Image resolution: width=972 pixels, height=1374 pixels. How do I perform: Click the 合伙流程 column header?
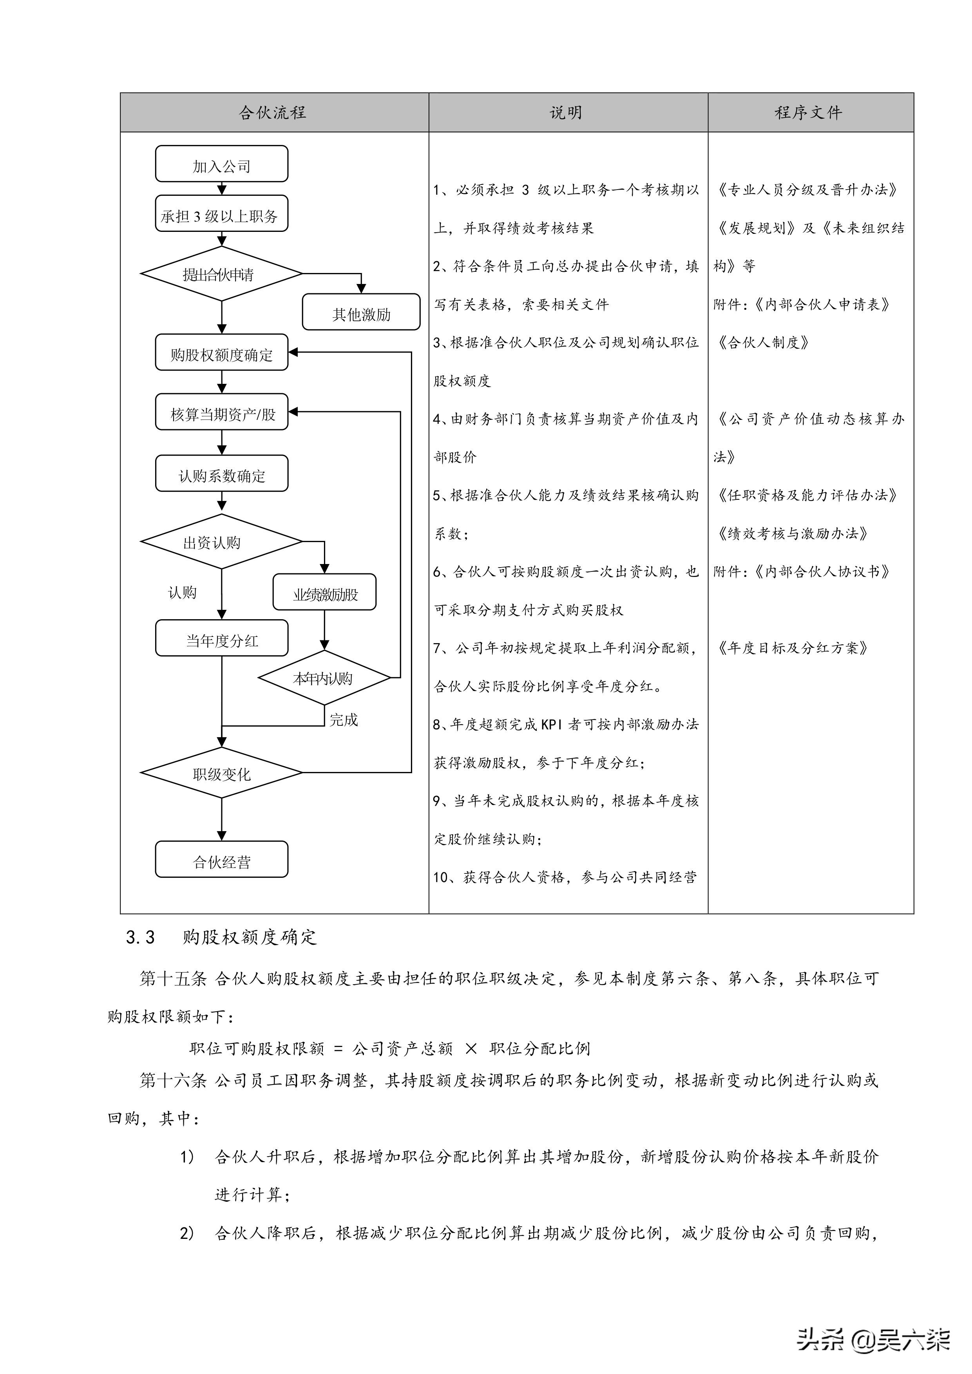tap(273, 112)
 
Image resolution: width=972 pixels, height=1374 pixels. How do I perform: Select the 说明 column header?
tap(566, 112)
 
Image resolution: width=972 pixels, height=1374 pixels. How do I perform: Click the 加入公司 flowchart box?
tap(221, 165)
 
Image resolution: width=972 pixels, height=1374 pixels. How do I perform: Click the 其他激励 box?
tap(361, 313)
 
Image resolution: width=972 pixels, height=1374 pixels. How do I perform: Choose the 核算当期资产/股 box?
tap(221, 413)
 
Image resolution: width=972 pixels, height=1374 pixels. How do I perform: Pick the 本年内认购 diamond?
tap(324, 678)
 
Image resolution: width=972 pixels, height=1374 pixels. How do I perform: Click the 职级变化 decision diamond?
tap(221, 773)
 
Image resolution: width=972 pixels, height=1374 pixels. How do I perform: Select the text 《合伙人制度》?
tap(764, 343)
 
